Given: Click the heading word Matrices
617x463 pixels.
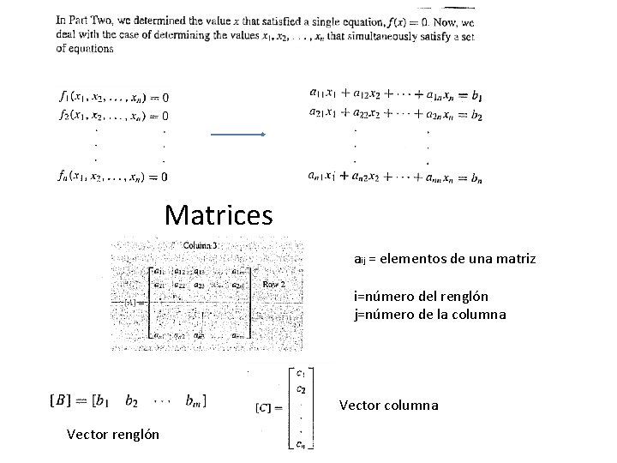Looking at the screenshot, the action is click(219, 214).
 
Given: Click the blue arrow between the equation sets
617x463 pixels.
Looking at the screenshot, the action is click(238, 135).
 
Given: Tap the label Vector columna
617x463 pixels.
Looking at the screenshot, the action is click(389, 405).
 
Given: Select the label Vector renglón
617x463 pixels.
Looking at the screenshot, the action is click(113, 434).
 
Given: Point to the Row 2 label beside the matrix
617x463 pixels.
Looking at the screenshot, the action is click(274, 284).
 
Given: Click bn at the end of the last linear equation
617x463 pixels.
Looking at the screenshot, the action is click(476, 177).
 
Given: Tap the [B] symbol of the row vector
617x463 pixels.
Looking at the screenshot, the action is click(61, 400).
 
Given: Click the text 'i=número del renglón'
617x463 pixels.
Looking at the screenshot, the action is click(422, 296).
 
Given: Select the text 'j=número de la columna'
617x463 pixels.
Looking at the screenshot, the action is click(430, 314).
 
